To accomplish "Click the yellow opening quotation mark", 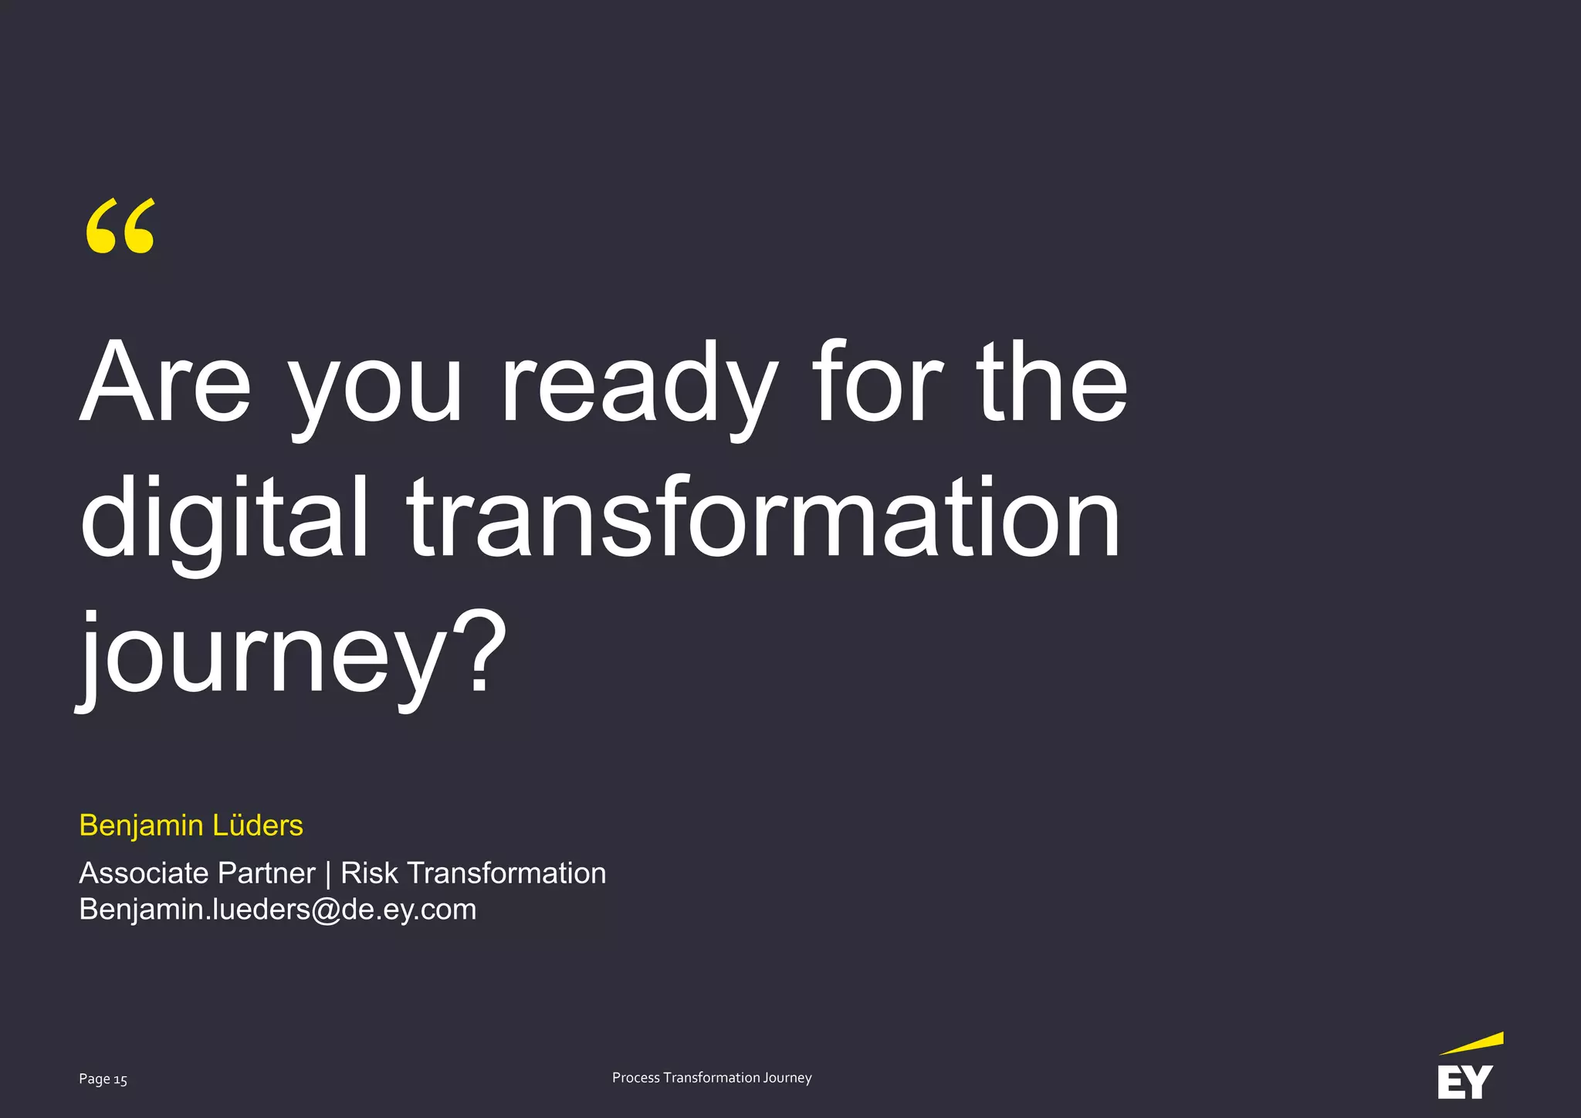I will tap(120, 226).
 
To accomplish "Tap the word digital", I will tap(224, 517).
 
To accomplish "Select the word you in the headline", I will tap(376, 390).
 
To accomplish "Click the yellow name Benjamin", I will tap(140, 826).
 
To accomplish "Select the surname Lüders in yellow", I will tap(258, 825).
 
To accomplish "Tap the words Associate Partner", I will tap(197, 873).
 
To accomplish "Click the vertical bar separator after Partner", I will tap(328, 874).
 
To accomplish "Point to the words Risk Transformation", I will tap(473, 873).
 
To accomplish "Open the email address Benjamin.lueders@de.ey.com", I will tap(277, 910).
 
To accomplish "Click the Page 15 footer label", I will tap(103, 1079).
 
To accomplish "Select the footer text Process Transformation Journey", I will tap(711, 1078).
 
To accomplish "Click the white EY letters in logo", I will tap(1464, 1082).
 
